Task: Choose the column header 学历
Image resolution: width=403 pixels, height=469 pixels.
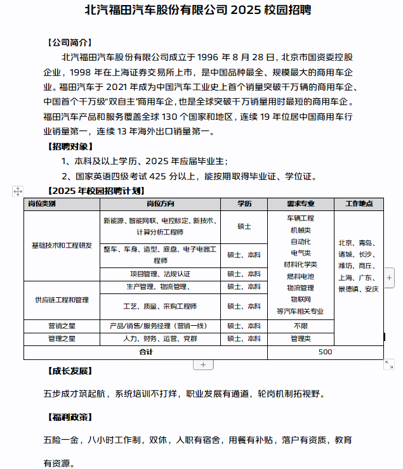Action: (x=244, y=204)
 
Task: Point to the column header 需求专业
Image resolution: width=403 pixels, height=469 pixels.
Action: (x=300, y=204)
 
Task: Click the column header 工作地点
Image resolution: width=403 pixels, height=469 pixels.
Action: (x=359, y=204)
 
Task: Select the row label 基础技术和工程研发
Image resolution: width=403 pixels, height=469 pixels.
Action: (x=61, y=245)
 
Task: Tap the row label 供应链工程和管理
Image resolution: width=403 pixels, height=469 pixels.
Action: (x=61, y=300)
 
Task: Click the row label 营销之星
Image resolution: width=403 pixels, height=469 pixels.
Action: (x=61, y=326)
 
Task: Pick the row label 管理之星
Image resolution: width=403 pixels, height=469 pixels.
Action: (x=61, y=339)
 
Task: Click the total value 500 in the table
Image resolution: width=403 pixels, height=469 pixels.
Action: (x=325, y=352)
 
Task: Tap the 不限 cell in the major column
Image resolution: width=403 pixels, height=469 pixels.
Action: (x=300, y=326)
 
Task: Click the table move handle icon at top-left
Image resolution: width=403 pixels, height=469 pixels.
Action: (x=17, y=191)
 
